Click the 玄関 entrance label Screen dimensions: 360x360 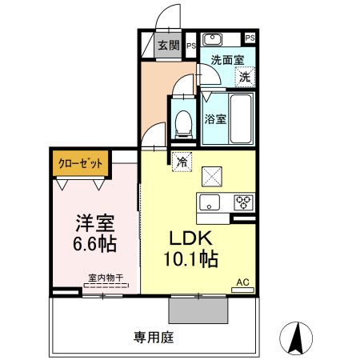pos(167,46)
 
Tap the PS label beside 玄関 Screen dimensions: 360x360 pos(191,46)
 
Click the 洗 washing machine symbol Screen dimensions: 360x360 pos(245,77)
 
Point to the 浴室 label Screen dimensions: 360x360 pos(214,119)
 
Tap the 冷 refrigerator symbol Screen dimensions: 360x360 pos(182,161)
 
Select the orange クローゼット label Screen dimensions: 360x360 pos(80,163)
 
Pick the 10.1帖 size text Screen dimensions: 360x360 pos(192,260)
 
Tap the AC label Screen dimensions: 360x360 pos(242,282)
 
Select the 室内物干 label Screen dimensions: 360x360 pos(106,278)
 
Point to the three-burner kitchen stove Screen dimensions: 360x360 pos(243,201)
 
